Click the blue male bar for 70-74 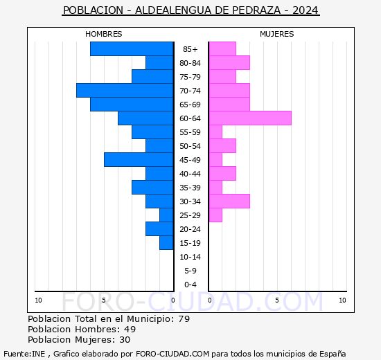coord(125,91)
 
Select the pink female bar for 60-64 coord(250,118)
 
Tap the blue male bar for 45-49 coord(139,160)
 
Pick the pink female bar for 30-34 coord(229,201)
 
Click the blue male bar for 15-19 coord(166,243)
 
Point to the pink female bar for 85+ coord(222,49)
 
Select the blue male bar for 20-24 coord(159,229)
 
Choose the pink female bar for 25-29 coord(215,215)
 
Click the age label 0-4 coord(190,285)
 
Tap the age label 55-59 coord(190,132)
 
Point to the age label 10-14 coord(190,257)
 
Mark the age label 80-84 coord(190,63)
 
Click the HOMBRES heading coord(104,34)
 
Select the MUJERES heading coord(277,34)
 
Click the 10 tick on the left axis coord(38,300)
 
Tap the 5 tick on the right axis coord(277,300)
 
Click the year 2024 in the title coord(305,11)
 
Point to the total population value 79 coord(184,318)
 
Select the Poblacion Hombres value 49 coord(130,329)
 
